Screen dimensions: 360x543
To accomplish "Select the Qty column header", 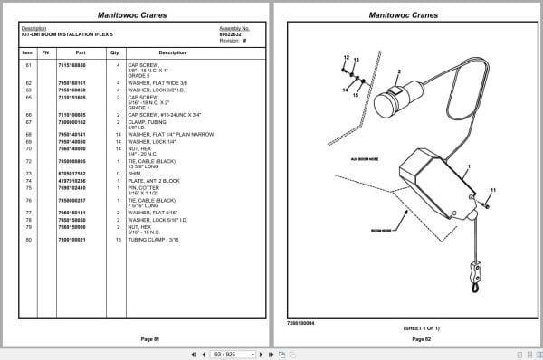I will [115, 52].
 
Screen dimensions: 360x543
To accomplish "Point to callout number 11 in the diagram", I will [493, 190].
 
